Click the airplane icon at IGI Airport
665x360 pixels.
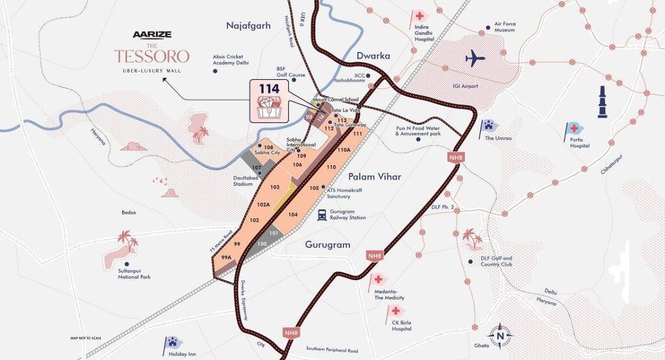475,58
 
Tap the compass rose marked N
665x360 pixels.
499,336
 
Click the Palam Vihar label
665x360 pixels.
375,176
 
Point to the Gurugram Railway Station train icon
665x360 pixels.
321,215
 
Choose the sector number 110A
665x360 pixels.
344,150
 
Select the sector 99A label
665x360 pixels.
226,257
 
